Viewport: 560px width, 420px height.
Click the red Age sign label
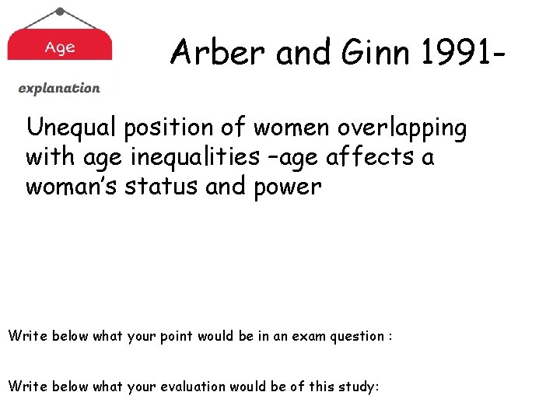coord(60,47)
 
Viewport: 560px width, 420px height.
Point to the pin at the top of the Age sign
coord(60,12)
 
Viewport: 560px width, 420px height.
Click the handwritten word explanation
coord(59,89)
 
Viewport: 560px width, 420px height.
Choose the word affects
coord(373,157)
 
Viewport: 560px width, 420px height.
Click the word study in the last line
coord(358,387)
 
